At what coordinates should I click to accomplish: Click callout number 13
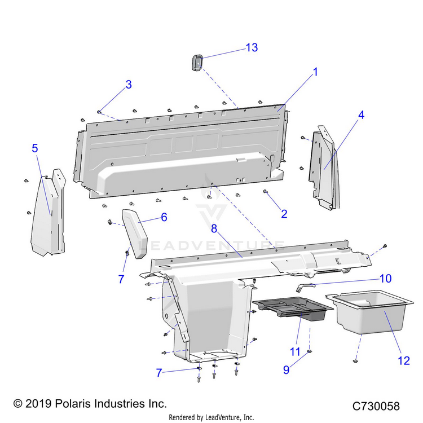251,47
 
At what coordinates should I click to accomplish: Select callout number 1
315,72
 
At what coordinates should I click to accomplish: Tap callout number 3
129,85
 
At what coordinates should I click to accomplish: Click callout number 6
164,217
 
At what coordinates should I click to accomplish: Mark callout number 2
284,214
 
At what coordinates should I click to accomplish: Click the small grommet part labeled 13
196,63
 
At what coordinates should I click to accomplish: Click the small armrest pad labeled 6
135,230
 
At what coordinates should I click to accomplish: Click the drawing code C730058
376,406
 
